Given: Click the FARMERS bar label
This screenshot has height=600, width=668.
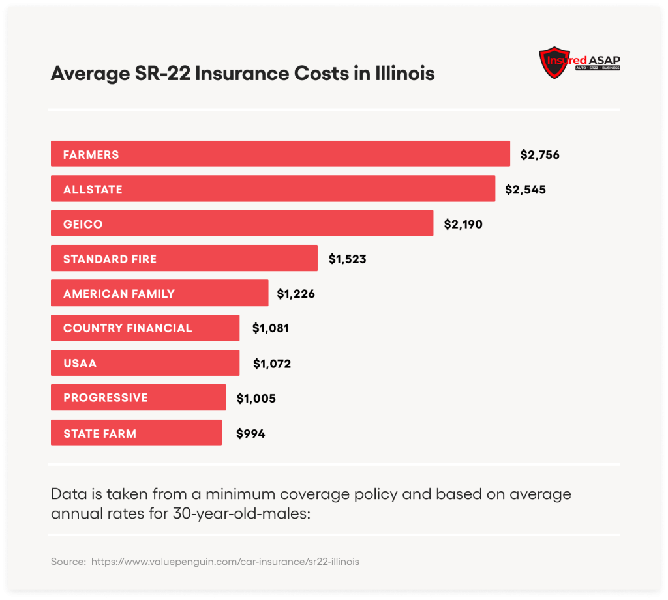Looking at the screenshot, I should pos(91,155).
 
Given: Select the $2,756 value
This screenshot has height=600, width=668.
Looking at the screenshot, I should pos(539,155).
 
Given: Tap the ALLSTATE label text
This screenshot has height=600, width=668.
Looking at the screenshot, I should pos(93,190).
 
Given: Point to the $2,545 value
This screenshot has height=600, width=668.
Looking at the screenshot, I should pos(525,190).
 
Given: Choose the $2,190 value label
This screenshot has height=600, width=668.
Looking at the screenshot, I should pos(463,224).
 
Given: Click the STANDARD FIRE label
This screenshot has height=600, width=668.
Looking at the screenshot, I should pos(110,259).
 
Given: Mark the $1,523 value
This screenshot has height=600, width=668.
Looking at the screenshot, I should pos(347,259).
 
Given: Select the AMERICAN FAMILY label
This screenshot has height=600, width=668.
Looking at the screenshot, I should pos(119,293).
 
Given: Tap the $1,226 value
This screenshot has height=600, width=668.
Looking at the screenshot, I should pos(296,294).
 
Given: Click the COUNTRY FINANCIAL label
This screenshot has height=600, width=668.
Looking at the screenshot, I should pos(127,328).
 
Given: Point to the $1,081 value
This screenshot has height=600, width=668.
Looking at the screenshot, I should pos(270,328).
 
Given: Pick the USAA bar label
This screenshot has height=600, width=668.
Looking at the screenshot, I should pos(80,363).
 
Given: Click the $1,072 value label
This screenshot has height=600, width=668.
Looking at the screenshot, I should pos(271,363).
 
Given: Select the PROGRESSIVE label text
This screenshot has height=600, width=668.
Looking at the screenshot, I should pos(105,397).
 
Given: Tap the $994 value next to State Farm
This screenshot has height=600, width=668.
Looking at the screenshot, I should pos(250,433).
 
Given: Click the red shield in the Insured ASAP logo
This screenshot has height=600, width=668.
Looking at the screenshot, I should pos(553,62).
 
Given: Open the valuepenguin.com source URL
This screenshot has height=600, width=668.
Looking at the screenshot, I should pos(224,561).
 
